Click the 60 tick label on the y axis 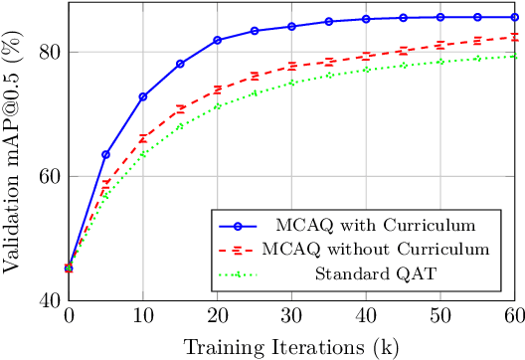[x=47, y=176]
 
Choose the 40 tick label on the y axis [x=47, y=299]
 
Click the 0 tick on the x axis [x=69, y=316]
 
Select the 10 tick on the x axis [x=142, y=316]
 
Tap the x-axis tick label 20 [x=218, y=316]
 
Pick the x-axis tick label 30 [x=292, y=316]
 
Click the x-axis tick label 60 [x=515, y=316]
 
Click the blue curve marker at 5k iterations [x=105, y=154]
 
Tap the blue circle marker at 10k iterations [x=143, y=96]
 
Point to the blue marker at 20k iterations [x=218, y=40]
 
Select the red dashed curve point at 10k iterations [x=143, y=137]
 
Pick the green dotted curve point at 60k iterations [x=515, y=56]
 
